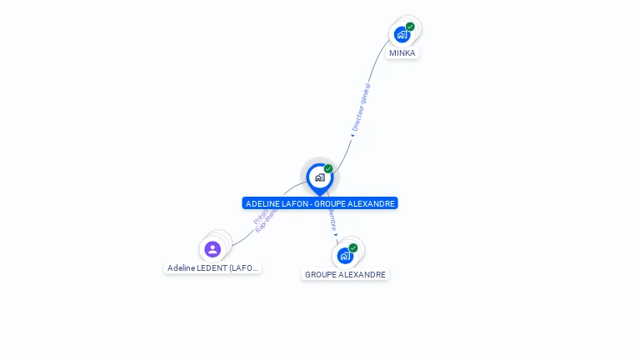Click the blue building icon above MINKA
[402, 35]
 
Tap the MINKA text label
[402, 53]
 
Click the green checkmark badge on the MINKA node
[410, 27]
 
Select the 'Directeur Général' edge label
[361, 107]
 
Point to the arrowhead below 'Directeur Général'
[352, 135]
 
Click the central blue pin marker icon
[319, 177]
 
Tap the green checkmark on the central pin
[328, 169]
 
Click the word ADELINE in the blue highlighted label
[263, 203]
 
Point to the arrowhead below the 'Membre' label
[336, 235]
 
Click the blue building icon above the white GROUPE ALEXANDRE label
[345, 256]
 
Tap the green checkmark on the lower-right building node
[353, 247]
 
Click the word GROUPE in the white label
[321, 274]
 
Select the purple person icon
[212, 249]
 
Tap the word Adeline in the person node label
[181, 268]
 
